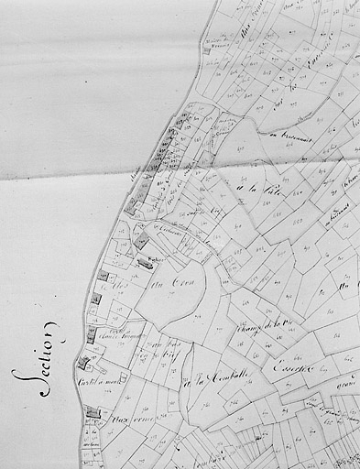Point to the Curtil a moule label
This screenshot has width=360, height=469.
[98, 381]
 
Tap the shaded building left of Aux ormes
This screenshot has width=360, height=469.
[93, 414]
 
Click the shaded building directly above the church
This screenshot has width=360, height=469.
[143, 242]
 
